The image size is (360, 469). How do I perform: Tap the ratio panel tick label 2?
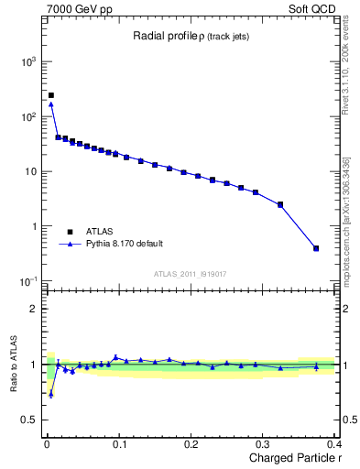35,309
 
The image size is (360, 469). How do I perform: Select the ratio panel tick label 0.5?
31,420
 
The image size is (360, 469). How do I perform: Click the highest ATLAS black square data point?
51,95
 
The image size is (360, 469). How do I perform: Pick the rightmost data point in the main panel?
316,248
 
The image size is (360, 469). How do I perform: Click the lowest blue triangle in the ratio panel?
51,395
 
